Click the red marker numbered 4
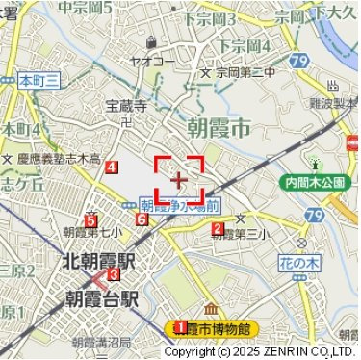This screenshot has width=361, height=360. coord(113,167)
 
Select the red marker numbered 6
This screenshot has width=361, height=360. coord(142,220)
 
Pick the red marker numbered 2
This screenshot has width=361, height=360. coord(218,229)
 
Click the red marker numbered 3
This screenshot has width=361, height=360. coord(114,274)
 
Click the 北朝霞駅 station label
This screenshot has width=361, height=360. coord(99,260)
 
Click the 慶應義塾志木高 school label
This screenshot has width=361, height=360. coord(58,159)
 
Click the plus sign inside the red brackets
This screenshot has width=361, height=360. coord(179,179)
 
